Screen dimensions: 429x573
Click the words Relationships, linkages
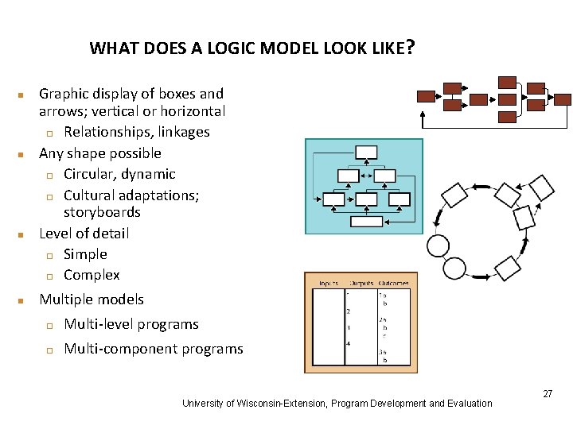point(136,132)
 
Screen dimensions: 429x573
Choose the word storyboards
point(102,212)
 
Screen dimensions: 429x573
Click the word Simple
point(85,254)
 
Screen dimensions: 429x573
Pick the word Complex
point(92,275)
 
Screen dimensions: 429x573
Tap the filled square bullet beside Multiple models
point(23,300)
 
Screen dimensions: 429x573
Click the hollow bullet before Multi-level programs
point(49,325)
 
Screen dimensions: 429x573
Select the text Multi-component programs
point(153,349)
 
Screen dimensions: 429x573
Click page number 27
point(547,394)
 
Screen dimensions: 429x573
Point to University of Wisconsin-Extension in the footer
point(253,404)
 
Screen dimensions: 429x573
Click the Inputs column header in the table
point(329,283)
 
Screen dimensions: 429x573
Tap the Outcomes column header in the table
point(393,283)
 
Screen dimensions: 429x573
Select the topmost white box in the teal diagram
point(366,153)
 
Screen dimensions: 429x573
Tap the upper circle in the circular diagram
point(438,245)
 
